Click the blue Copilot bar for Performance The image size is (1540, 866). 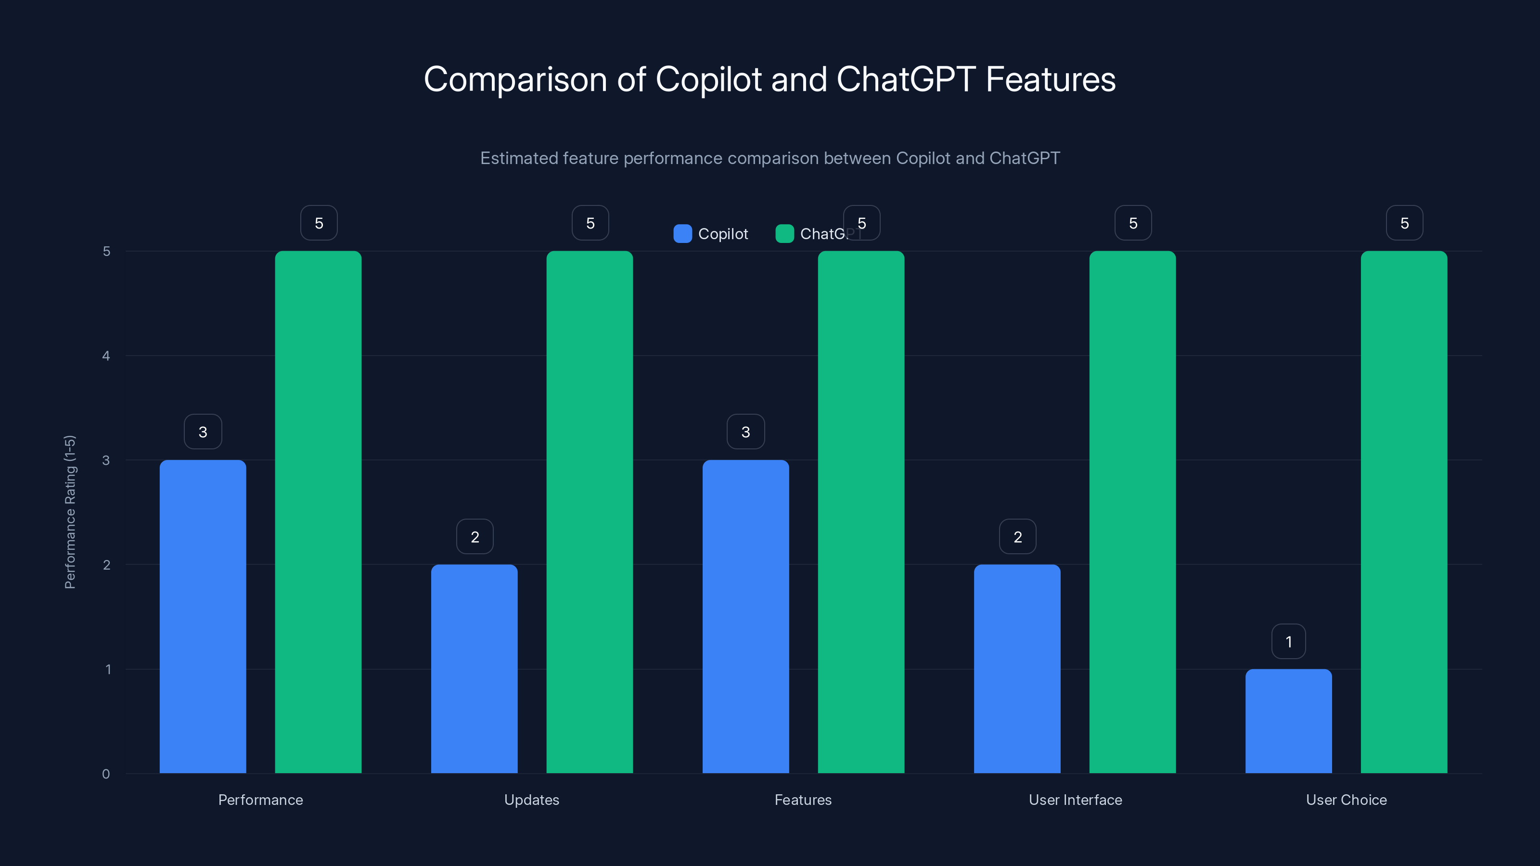click(x=203, y=616)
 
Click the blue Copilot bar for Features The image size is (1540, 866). click(x=745, y=616)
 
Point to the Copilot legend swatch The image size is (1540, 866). click(x=682, y=234)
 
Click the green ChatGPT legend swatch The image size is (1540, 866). click(x=784, y=234)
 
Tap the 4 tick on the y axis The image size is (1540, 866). click(x=106, y=356)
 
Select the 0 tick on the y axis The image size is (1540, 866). click(x=106, y=774)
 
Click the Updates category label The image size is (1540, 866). click(x=531, y=800)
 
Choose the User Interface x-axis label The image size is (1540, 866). click(x=1075, y=800)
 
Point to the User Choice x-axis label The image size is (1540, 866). click(x=1347, y=800)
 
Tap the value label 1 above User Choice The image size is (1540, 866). click(x=1288, y=641)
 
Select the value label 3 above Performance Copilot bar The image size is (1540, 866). click(x=203, y=432)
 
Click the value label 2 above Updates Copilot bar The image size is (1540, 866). click(x=475, y=537)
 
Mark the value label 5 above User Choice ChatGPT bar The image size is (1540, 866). click(x=1404, y=223)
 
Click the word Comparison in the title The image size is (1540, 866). click(x=515, y=79)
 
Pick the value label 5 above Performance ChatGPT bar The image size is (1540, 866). click(x=319, y=223)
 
